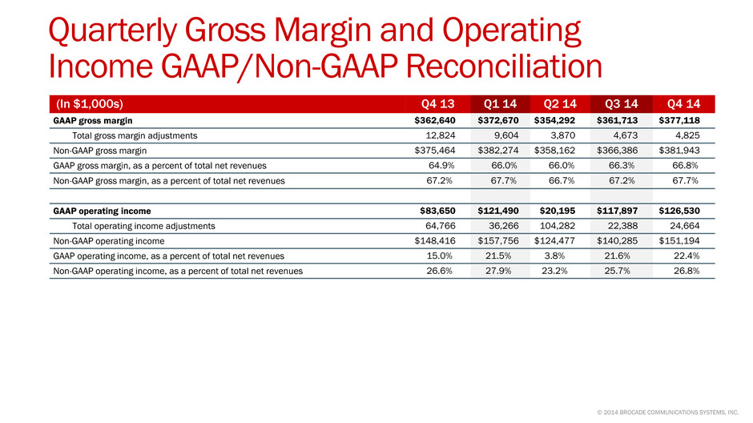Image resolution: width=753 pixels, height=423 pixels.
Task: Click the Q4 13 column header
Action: [x=437, y=103]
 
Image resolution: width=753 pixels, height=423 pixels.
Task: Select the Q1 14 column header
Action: [x=500, y=103]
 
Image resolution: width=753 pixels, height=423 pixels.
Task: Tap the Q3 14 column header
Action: [x=622, y=103]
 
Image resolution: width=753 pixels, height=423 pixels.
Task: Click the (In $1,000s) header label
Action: [x=90, y=103]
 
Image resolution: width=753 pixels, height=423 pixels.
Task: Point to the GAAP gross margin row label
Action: [x=93, y=120]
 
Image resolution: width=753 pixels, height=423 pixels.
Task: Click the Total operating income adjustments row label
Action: [x=143, y=226]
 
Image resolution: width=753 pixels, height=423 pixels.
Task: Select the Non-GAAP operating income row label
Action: [x=108, y=241]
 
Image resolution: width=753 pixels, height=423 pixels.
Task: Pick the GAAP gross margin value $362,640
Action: [x=435, y=120]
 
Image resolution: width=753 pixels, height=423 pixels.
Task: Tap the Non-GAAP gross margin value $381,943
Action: [x=679, y=151]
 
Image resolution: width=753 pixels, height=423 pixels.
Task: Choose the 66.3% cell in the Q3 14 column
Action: [x=622, y=166]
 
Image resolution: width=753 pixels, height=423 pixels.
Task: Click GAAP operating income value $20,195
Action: [x=557, y=211]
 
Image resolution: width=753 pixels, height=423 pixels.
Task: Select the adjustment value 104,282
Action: [x=557, y=226]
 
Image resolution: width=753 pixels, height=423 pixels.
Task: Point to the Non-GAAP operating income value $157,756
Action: [x=498, y=241]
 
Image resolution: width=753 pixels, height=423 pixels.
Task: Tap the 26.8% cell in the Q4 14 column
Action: [x=687, y=271]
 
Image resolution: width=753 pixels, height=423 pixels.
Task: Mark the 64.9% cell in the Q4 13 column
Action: [x=441, y=166]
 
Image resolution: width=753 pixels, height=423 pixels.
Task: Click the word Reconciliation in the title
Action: [x=504, y=66]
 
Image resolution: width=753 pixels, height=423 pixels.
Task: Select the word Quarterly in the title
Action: [x=113, y=30]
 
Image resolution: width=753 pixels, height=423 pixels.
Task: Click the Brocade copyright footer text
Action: [x=667, y=413]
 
